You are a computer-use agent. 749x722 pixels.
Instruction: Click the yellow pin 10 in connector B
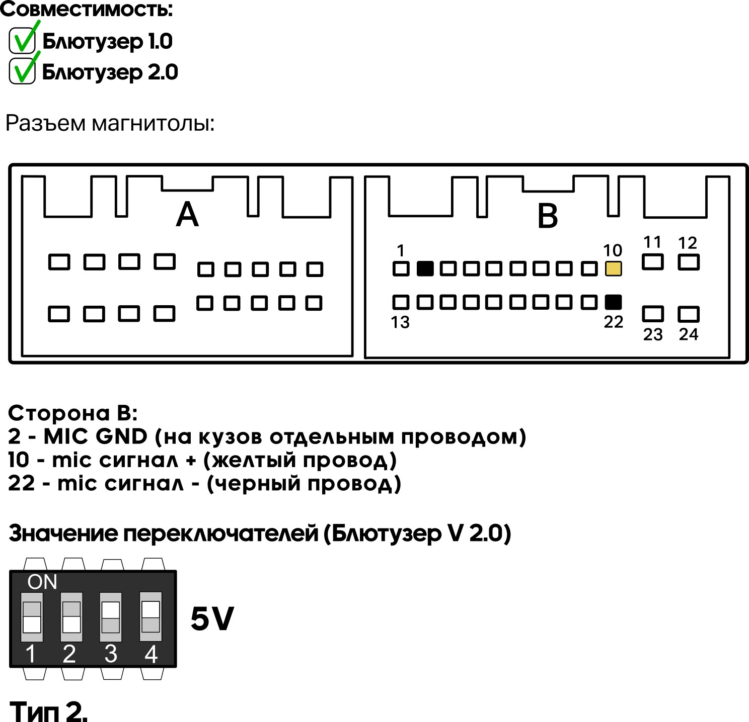click(x=613, y=268)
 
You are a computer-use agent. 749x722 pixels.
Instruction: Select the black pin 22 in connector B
click(x=613, y=302)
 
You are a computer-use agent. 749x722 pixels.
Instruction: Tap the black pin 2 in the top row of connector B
click(x=425, y=268)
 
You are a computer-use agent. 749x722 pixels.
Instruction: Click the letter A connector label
click(x=187, y=214)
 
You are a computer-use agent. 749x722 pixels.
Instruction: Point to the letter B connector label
click(x=547, y=216)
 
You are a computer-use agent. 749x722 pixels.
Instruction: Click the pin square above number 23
click(x=653, y=314)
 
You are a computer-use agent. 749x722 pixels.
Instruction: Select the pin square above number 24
click(x=688, y=314)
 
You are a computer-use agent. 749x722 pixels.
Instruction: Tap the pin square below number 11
click(x=653, y=262)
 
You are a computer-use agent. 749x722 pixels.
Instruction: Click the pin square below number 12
click(x=688, y=262)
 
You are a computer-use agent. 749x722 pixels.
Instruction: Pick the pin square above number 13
click(x=401, y=302)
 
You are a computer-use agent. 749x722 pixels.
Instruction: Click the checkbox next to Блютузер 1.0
click(x=22, y=40)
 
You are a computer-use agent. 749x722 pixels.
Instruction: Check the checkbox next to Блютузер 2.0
click(x=22, y=71)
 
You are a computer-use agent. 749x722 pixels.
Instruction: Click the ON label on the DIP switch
click(x=42, y=582)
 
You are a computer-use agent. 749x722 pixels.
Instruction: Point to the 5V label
click(x=212, y=618)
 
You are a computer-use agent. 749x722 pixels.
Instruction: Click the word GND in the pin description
click(x=121, y=436)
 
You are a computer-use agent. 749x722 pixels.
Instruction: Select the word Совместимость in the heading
click(x=86, y=9)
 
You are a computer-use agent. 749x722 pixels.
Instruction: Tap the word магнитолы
click(x=153, y=124)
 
